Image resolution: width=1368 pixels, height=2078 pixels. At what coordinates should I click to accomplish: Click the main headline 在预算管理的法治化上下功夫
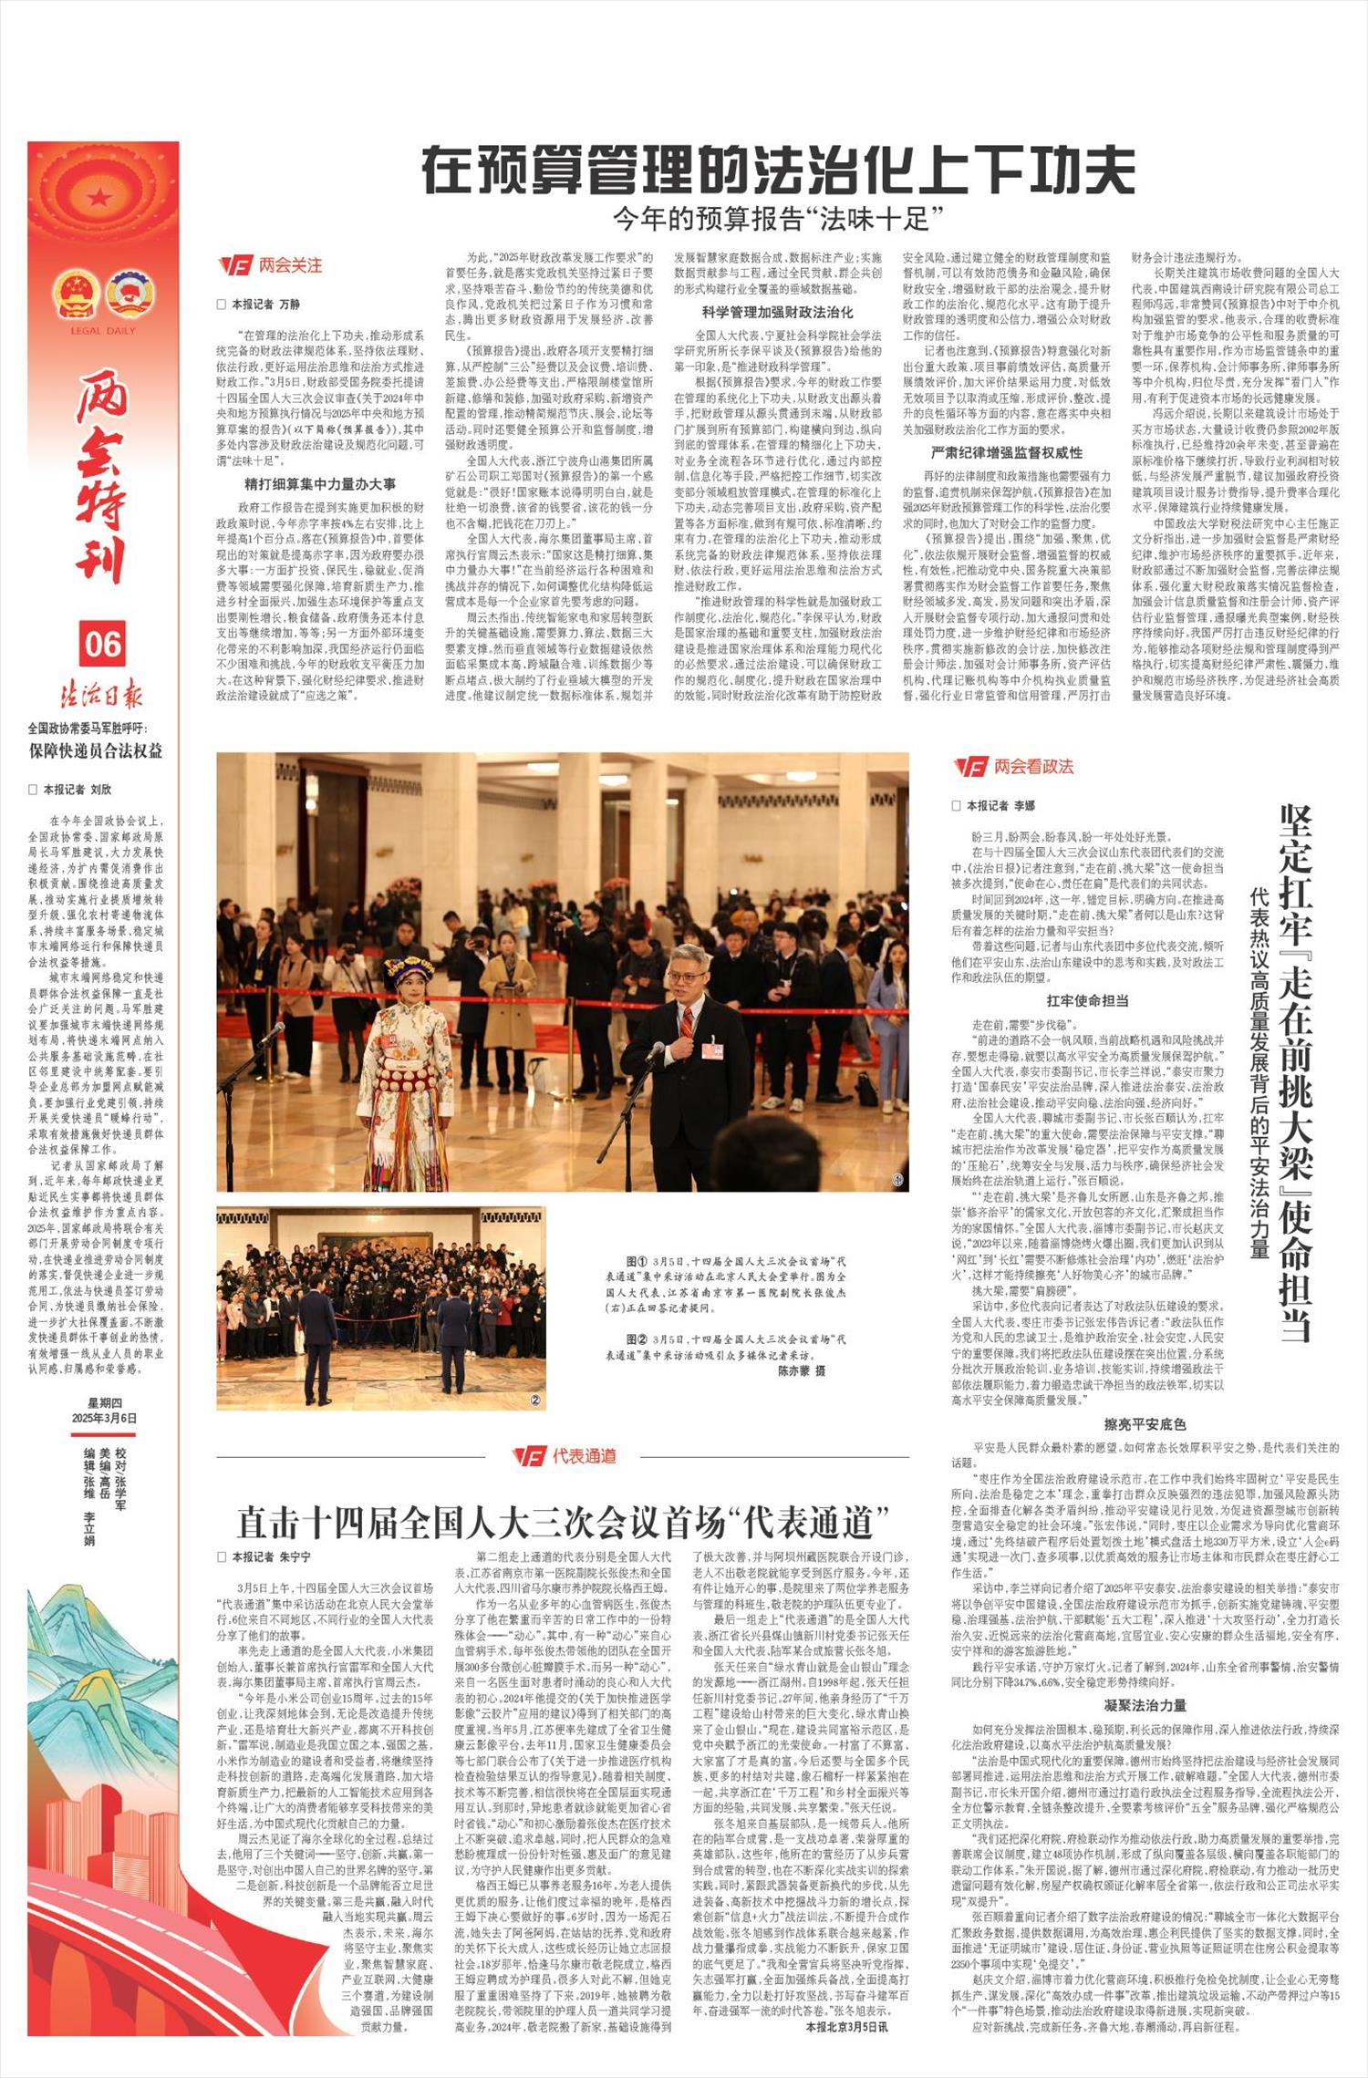pos(778,171)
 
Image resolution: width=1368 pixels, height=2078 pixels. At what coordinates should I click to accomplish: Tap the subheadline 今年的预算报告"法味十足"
pos(778,219)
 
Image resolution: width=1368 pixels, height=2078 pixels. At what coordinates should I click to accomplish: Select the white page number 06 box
pos(102,644)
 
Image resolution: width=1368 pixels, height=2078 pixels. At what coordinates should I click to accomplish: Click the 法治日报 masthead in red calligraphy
pos(102,695)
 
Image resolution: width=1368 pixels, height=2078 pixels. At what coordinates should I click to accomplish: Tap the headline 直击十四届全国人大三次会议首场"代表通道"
pos(563,1521)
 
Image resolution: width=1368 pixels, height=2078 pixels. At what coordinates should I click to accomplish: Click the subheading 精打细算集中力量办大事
pos(319,484)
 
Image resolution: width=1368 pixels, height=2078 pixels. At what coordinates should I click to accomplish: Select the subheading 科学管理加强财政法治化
pos(777,312)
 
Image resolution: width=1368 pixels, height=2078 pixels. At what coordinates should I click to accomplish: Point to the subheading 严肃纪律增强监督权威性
pos(1007,452)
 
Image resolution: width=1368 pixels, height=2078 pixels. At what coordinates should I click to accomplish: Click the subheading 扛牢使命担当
pos(1087,1000)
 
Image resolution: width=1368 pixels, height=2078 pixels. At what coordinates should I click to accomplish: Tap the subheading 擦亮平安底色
pos(1145,1424)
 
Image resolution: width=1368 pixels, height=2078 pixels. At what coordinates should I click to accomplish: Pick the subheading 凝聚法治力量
pos(1145,1705)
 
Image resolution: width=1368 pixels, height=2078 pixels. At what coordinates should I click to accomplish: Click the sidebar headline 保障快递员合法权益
pos(95,751)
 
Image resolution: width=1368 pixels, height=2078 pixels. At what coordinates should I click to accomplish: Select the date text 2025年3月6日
pos(105,1418)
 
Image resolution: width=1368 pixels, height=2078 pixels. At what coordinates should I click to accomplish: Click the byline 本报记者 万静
pos(264,305)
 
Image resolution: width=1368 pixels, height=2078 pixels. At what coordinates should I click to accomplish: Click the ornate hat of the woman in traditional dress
pos(408,969)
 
